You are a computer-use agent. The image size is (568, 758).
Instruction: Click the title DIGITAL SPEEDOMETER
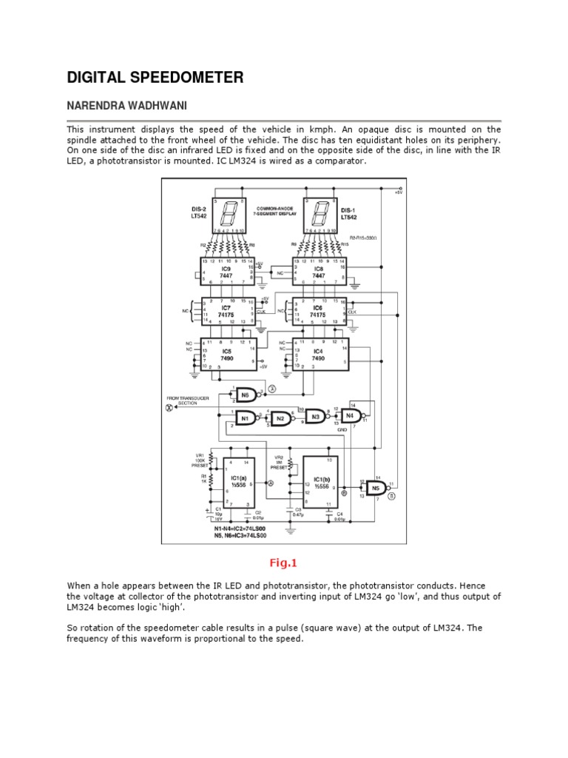coord(155,77)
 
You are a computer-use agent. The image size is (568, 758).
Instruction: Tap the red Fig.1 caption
coord(283,563)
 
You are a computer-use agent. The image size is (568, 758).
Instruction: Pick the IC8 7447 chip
coord(319,272)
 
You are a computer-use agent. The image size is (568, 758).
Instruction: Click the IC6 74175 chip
coord(319,311)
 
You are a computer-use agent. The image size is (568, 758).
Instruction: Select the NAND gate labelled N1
coord(247,417)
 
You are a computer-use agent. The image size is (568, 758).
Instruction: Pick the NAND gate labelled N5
coord(376,488)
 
